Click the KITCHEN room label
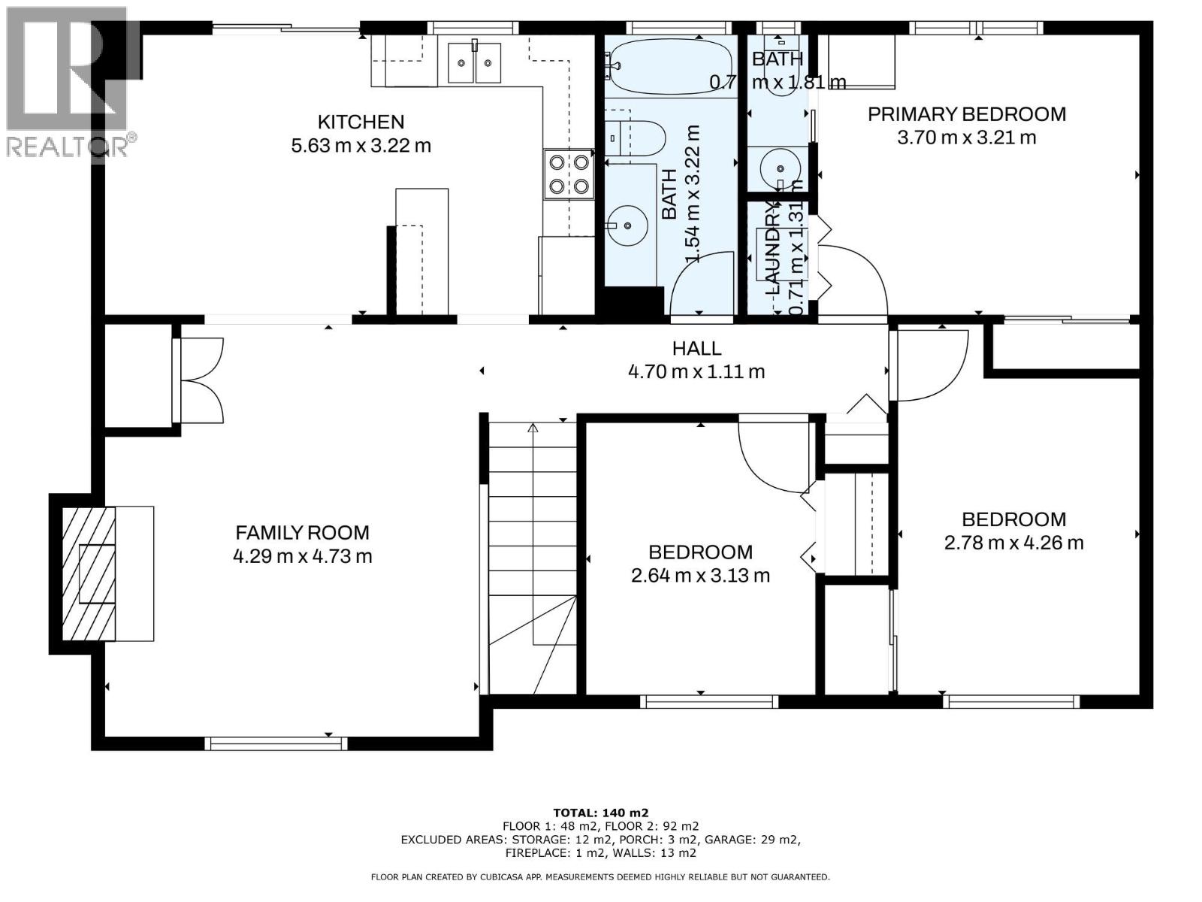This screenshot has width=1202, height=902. point(361,122)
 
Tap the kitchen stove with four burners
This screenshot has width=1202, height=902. point(569,174)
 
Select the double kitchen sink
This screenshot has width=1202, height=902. point(474,62)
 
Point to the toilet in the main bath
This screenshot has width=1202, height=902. point(637,138)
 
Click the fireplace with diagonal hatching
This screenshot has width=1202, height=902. point(89,574)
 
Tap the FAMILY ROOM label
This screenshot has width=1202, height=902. point(302,533)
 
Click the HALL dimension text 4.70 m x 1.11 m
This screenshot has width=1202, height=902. point(696,371)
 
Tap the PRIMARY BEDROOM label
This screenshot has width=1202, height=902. point(967,114)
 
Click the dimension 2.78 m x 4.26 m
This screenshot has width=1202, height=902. point(1013,543)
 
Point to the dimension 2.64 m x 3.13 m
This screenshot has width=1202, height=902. point(700,576)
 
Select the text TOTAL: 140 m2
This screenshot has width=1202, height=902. point(600,813)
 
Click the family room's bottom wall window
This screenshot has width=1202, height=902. point(276,743)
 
